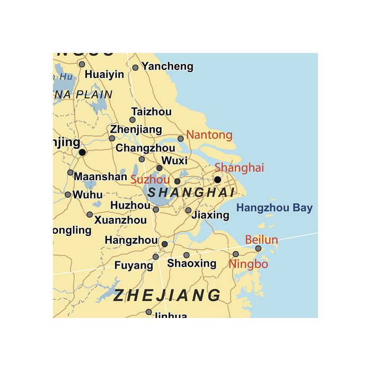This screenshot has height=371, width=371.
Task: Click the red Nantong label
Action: tap(209, 135)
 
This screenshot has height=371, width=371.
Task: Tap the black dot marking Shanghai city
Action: tap(217, 180)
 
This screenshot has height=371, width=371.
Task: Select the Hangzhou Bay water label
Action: tap(274, 208)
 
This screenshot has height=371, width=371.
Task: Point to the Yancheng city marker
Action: tap(135, 67)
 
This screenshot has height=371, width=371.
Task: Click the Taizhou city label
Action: tap(151, 112)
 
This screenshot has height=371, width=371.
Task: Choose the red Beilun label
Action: tap(261, 240)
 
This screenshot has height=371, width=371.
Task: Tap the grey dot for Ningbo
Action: tap(236, 254)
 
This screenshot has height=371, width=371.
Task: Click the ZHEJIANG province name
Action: tap(167, 295)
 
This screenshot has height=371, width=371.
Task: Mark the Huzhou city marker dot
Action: tap(155, 209)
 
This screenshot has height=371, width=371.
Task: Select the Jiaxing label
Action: tap(210, 215)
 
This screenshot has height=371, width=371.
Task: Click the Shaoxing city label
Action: tap(192, 263)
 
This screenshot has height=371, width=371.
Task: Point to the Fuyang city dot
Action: tap(155, 257)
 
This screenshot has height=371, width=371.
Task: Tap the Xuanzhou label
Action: tap(120, 219)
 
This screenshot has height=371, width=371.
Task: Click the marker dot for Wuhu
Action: tap(68, 195)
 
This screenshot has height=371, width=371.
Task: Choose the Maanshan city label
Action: tap(100, 176)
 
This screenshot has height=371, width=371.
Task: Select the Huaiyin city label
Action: tap(104, 74)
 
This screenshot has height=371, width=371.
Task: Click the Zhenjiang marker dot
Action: tap(112, 138)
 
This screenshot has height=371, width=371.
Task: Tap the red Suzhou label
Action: tap(150, 180)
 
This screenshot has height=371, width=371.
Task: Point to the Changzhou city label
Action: tap(145, 148)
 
